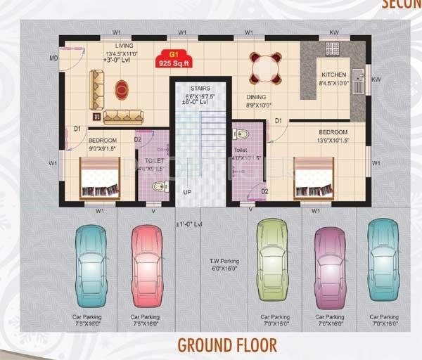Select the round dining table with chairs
pyautogui.click(x=266, y=69)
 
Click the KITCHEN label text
pyautogui.click(x=334, y=75)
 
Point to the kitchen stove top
pyautogui.click(x=332, y=49)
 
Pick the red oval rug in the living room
pyautogui.click(x=122, y=89)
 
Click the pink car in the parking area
pyautogui.click(x=147, y=265)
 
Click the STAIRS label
pyautogui.click(x=200, y=89)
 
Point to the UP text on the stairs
pyautogui.click(x=187, y=191)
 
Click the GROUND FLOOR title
pyautogui.click(x=226, y=345)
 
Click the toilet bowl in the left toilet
pyautogui.click(x=160, y=186)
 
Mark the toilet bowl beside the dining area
pyautogui.click(x=241, y=134)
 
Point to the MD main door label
pyautogui.click(x=53, y=58)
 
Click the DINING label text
pyautogui.click(x=256, y=98)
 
